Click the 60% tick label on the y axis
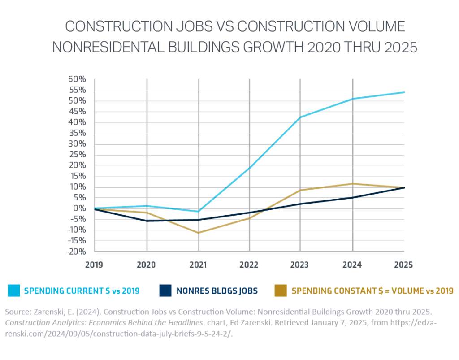click(x=77, y=79)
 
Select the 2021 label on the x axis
click(x=198, y=265)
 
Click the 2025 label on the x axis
click(x=403, y=265)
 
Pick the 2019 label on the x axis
click(x=95, y=265)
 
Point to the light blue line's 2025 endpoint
click(x=404, y=92)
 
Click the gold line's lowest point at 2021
click(x=198, y=232)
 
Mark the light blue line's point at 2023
click(x=301, y=117)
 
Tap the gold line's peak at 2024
click(x=353, y=183)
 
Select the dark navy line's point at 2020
click(x=146, y=221)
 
